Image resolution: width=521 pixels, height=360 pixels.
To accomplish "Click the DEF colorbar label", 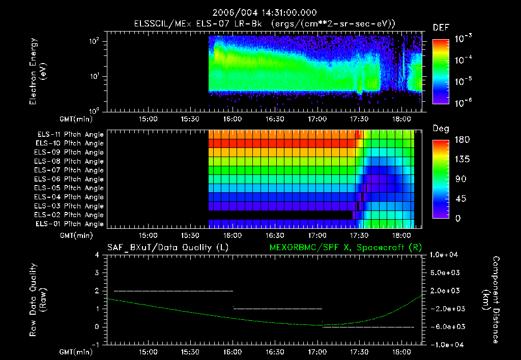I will (x=441, y=27).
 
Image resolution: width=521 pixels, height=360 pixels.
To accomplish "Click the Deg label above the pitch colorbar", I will (x=441, y=129).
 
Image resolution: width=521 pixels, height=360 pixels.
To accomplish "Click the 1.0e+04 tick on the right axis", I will (x=444, y=255).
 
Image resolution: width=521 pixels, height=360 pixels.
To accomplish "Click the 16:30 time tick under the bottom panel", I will (x=275, y=351).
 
